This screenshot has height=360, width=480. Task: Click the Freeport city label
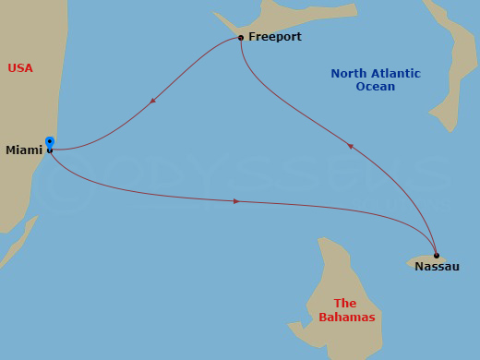pyautogui.click(x=275, y=37)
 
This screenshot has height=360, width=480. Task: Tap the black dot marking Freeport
pyautogui.click(x=241, y=38)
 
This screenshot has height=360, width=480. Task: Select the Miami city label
pyautogui.click(x=24, y=150)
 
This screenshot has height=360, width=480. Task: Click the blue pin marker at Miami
pyautogui.click(x=49, y=142)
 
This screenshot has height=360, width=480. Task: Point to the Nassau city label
pyautogui.click(x=437, y=267)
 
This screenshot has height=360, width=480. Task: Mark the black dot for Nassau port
pyautogui.click(x=436, y=256)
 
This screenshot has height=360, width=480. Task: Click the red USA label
pyautogui.click(x=20, y=67)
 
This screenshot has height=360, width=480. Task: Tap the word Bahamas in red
pyautogui.click(x=346, y=317)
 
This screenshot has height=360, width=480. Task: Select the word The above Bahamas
pyautogui.click(x=345, y=303)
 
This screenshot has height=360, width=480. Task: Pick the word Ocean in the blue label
pyautogui.click(x=376, y=87)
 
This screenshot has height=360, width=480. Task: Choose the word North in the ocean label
pyautogui.click(x=349, y=73)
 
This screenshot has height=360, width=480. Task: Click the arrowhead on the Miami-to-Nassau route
pyautogui.click(x=237, y=201)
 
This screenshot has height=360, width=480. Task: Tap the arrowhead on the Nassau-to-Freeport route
pyautogui.click(x=350, y=145)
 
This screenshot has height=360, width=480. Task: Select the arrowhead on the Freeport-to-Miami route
pyautogui.click(x=152, y=100)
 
